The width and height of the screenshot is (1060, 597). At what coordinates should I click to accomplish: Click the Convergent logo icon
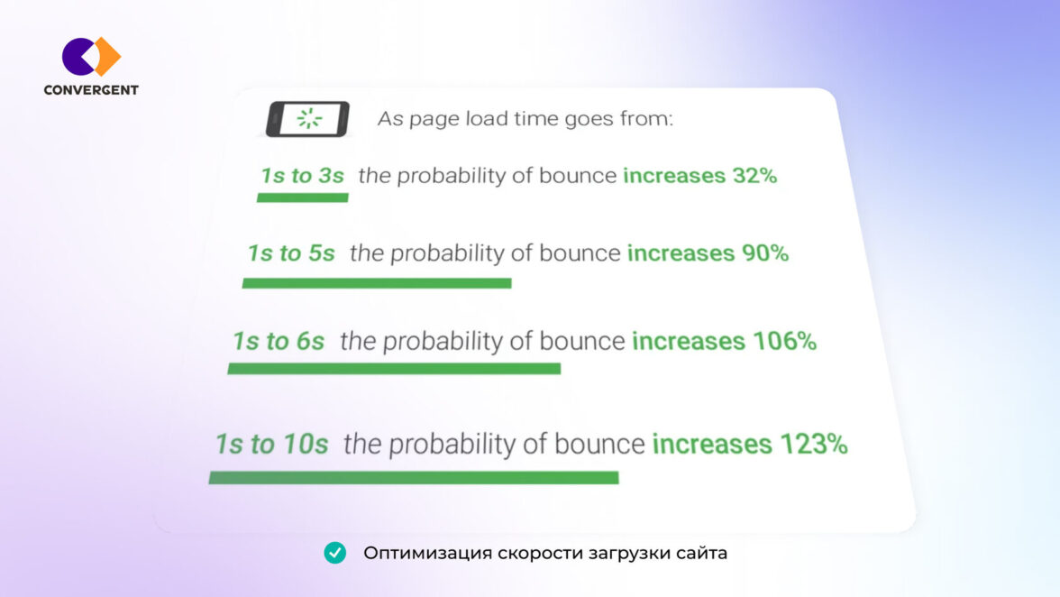(91, 57)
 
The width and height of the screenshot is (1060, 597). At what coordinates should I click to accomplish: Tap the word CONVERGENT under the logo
(91, 90)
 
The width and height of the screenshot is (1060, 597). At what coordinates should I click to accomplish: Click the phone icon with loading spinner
(307, 119)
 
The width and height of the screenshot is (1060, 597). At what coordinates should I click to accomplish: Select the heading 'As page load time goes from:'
(525, 119)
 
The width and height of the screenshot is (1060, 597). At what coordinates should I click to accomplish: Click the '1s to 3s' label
(303, 176)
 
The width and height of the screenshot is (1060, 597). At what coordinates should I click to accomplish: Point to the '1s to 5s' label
(291, 253)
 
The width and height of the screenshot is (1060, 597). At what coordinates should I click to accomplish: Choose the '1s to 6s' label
(279, 342)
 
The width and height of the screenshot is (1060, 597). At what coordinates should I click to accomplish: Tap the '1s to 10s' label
(272, 445)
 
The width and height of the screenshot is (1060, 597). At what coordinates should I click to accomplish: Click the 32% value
(755, 176)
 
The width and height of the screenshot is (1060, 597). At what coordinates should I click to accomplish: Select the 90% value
(765, 253)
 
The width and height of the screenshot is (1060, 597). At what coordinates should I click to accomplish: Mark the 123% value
(814, 445)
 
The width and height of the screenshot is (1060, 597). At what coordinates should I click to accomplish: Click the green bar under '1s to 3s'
(303, 197)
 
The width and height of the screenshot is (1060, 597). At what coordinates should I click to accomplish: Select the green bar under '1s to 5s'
(377, 283)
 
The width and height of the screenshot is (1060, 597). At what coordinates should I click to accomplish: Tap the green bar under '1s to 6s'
(394, 369)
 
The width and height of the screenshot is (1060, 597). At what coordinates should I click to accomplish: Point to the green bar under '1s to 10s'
(414, 478)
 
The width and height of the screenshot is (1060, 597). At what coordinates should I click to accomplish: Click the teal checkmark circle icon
(334, 553)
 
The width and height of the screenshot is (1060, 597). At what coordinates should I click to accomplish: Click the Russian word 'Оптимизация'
(428, 553)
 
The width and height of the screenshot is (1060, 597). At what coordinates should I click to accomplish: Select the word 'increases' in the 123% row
(712, 445)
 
